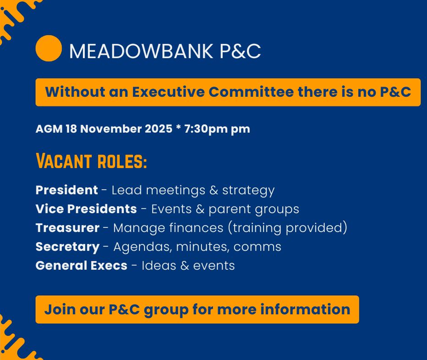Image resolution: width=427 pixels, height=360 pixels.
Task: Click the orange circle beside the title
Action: (x=49, y=48)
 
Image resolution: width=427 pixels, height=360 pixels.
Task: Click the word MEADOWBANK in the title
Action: (x=141, y=51)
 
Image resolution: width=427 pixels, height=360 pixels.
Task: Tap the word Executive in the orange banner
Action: (x=168, y=92)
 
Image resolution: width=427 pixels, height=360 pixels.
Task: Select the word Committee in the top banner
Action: (x=251, y=92)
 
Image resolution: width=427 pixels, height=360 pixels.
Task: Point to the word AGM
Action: (x=49, y=129)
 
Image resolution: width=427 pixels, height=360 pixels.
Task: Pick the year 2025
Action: (x=158, y=129)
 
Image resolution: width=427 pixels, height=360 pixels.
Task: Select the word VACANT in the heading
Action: (x=64, y=161)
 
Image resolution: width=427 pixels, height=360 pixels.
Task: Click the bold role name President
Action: (x=67, y=190)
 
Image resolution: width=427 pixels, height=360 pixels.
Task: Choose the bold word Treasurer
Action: (x=68, y=228)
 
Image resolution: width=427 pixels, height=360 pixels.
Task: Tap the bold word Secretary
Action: (x=68, y=247)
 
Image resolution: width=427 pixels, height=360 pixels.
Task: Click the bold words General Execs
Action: (x=81, y=265)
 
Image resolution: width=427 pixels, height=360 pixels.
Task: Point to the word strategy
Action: (x=248, y=191)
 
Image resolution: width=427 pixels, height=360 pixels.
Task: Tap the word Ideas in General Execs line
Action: (x=159, y=265)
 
